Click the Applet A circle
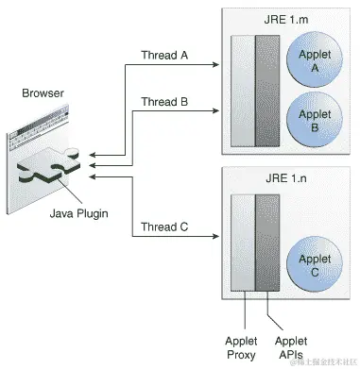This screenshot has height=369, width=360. tap(313, 61)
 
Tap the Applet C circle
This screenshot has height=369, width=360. tap(313, 265)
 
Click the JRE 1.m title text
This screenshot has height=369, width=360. tap(285, 20)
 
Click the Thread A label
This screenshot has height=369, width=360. tap(164, 55)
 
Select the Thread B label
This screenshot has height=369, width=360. tap(164, 101)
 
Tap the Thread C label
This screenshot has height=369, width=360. tap(164, 226)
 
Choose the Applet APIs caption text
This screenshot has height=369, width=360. tap(290, 347)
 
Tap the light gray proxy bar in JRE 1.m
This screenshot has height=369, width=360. tap(242, 91)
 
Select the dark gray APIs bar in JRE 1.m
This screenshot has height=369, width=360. tap(267, 91)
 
